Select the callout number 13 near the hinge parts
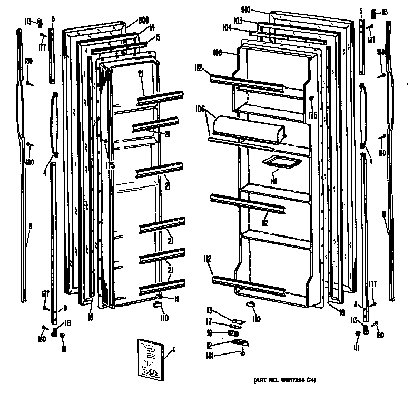coord(209,310)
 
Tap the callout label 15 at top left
coord(156,38)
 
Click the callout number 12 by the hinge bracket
coord(209,345)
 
